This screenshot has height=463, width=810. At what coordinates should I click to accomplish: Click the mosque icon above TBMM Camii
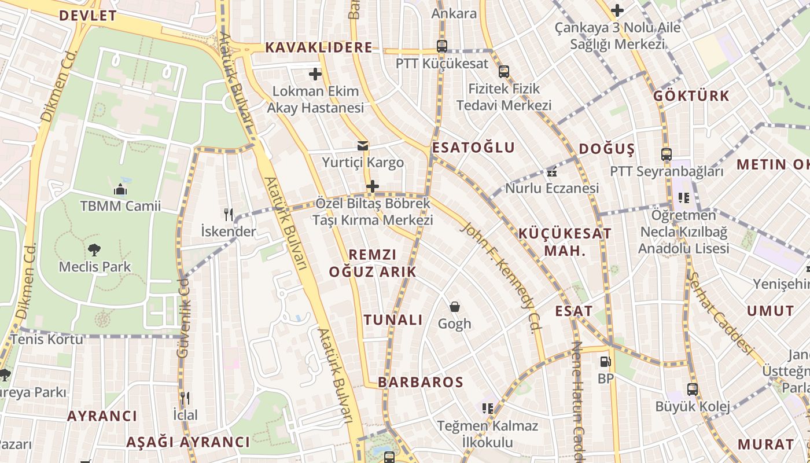coord(120,189)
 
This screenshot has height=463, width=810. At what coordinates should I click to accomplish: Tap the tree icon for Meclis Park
coord(94,250)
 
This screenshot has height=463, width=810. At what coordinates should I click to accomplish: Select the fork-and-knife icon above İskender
coord(229,215)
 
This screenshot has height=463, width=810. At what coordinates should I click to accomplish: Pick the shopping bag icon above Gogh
coord(455,306)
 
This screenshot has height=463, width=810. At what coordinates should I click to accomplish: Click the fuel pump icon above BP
coord(605,362)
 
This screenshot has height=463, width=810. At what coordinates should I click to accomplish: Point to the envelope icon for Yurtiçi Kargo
coord(363,146)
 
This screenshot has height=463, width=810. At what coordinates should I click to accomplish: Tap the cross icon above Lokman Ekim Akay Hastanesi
coord(315,74)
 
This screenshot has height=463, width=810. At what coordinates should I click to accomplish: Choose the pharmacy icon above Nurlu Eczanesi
coord(552,171)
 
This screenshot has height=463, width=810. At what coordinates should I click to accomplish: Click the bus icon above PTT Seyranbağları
coord(667,155)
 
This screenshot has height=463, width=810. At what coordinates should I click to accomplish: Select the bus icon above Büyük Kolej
coord(693,389)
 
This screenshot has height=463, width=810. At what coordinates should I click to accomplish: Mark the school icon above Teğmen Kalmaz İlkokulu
coord(488,409)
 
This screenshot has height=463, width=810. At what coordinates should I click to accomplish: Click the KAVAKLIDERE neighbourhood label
coord(319,48)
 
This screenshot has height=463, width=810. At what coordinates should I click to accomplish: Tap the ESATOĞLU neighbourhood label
coord(473,148)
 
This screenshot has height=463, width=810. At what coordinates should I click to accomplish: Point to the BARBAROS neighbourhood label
coord(421,382)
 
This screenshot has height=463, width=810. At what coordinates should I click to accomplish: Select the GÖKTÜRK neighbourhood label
coord(691,96)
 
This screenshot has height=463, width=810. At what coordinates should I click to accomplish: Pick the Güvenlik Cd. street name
coord(183,317)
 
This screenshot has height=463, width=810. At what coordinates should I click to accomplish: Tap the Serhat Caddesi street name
coord(721,313)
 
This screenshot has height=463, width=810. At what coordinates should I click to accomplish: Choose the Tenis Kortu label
coord(47,339)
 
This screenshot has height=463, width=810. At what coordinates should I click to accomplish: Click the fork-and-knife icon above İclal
coord(185,398)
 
